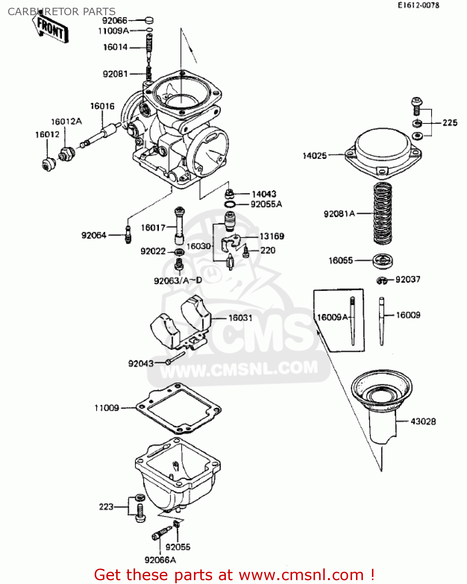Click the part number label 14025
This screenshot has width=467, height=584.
tap(314, 156)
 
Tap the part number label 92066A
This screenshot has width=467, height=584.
tap(160, 560)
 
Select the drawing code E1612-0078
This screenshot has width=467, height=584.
tap(418, 5)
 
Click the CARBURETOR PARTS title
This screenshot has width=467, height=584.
tap(62, 12)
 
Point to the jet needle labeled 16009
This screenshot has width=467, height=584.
tap(382, 321)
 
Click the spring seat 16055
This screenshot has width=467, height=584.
tap(382, 260)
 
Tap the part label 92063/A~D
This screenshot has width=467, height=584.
tap(178, 281)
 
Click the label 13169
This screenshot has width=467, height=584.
tap(272, 236)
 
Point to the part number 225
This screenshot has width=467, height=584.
tap(450, 123)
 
